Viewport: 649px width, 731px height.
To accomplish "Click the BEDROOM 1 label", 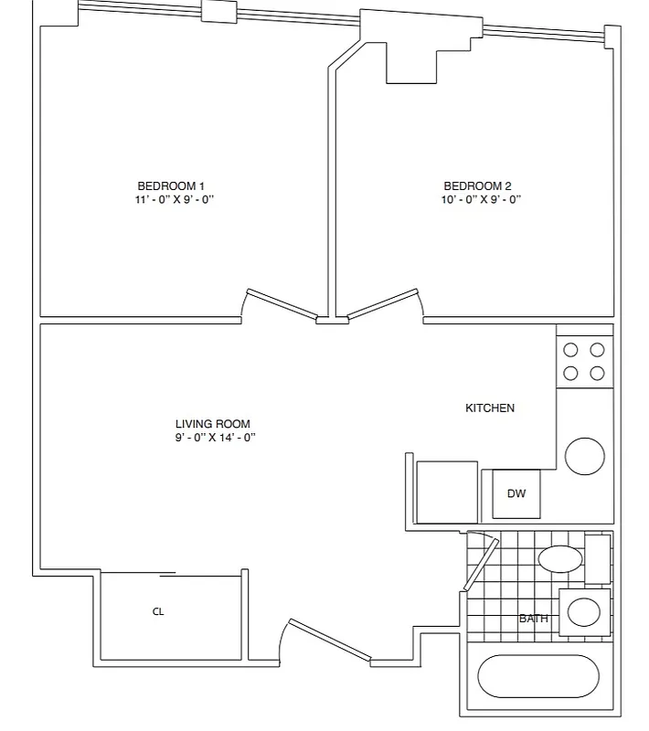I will tap(171, 185).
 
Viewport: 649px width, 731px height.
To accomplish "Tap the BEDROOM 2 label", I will tap(477, 185).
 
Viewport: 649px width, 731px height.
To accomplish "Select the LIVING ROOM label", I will tap(212, 424).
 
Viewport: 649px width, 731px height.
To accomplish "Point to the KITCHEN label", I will tap(490, 408).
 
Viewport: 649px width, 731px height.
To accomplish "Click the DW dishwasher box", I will tap(516, 493).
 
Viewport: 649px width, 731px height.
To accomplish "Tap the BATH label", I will tap(533, 619).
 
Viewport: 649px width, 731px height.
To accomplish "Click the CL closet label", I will tap(158, 612).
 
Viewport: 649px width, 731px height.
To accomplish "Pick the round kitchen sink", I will tap(584, 455).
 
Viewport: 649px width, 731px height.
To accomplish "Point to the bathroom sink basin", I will tap(583, 610).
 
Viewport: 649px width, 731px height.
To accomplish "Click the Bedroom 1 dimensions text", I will tap(174, 199).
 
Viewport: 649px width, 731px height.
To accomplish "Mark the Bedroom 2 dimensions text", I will tap(481, 199).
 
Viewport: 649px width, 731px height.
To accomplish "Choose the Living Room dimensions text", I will tap(215, 438).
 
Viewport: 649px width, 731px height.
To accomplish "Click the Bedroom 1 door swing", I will tap(282, 302).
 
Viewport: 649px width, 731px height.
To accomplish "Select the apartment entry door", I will tap(329, 640).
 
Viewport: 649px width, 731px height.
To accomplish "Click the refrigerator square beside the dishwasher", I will tap(447, 492).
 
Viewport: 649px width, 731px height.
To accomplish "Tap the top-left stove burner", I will tap(571, 349).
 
